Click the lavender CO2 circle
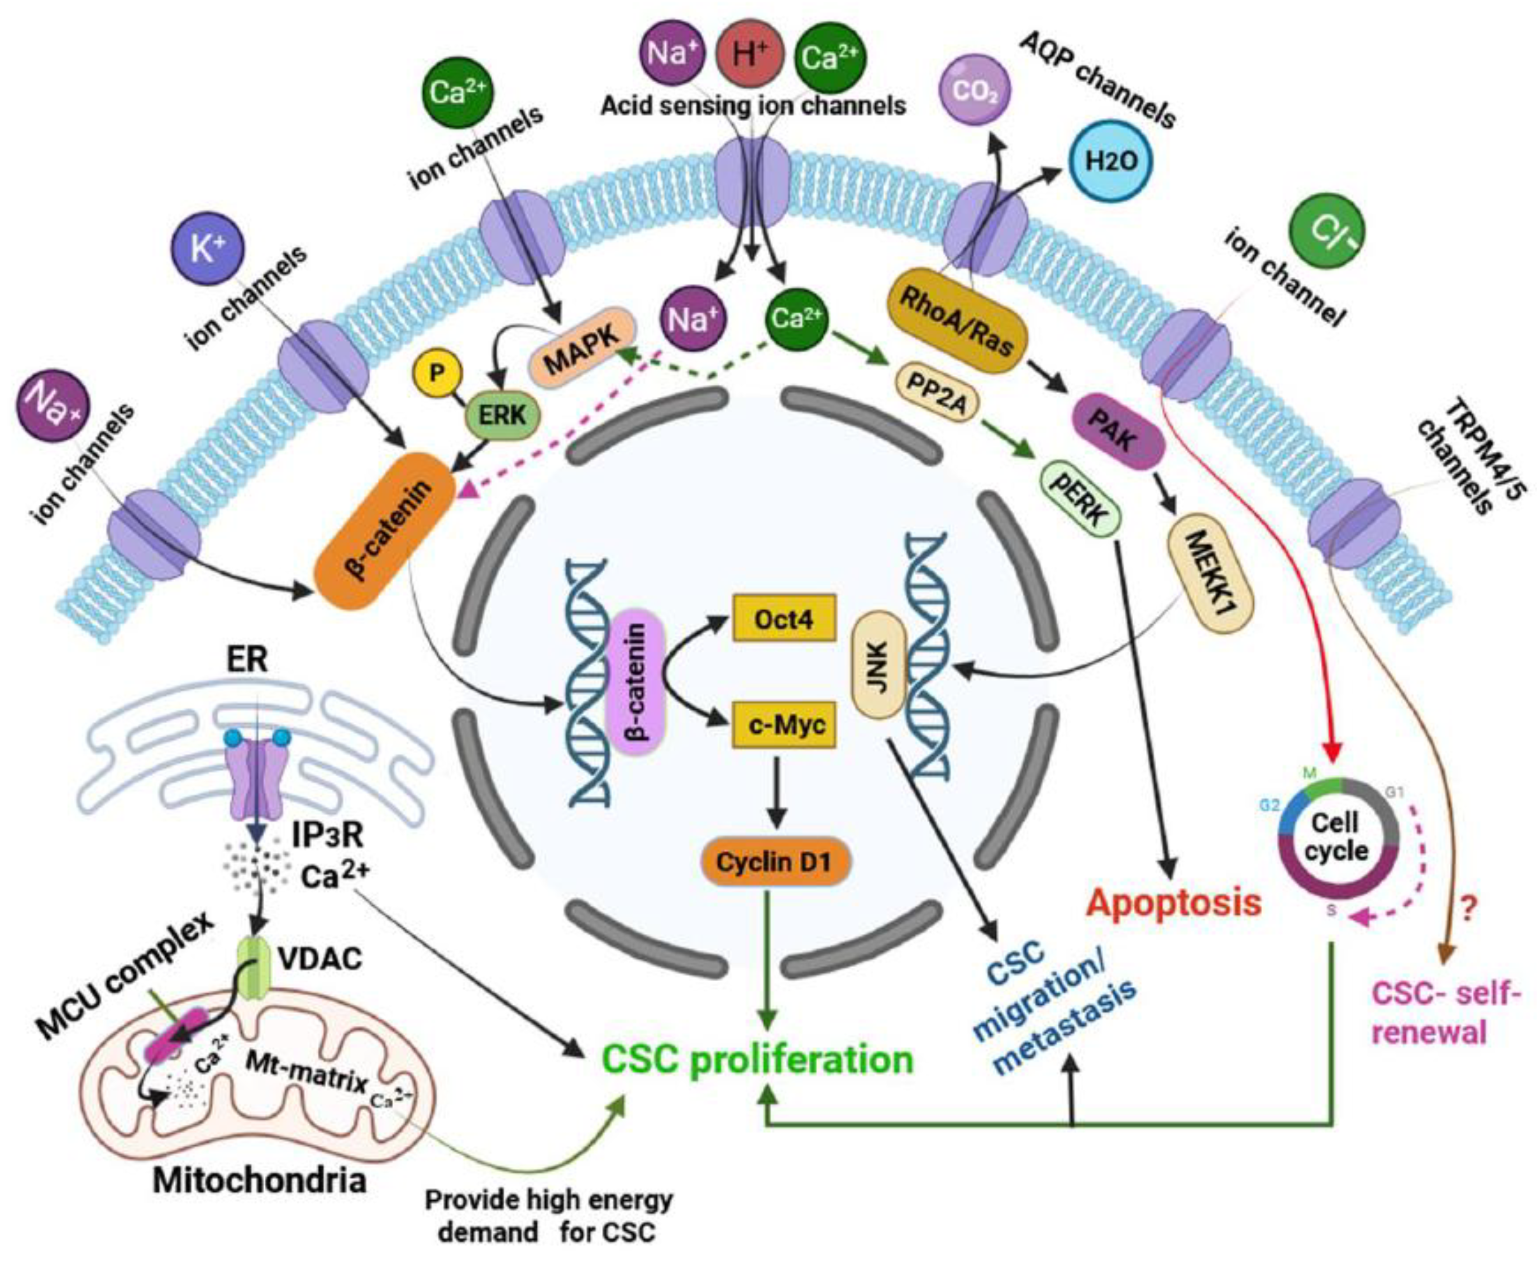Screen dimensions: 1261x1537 [974, 93]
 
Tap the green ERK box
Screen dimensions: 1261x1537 [503, 415]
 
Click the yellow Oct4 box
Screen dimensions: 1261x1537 [784, 618]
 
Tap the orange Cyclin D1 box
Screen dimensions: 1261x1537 [774, 862]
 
